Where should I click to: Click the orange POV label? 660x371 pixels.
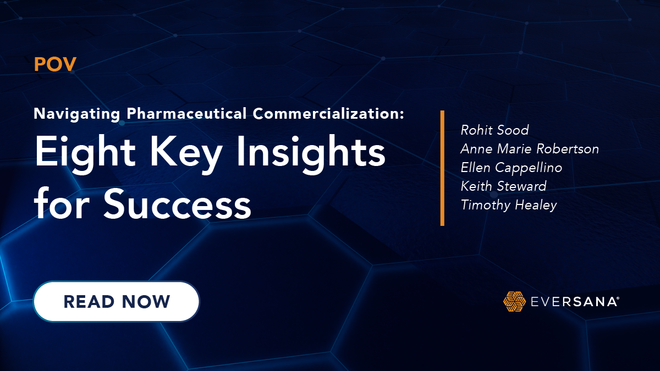[55, 64]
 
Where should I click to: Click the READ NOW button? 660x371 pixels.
[116, 301]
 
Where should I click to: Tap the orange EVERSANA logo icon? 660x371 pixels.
[514, 301]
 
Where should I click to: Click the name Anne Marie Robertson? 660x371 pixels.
[530, 149]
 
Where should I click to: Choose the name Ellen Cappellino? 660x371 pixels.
[512, 168]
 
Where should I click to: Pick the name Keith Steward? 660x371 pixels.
[504, 186]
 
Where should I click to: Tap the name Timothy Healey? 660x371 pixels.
[509, 205]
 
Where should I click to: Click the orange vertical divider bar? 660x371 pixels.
[442, 168]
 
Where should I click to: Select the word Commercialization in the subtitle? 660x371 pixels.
[329, 114]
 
